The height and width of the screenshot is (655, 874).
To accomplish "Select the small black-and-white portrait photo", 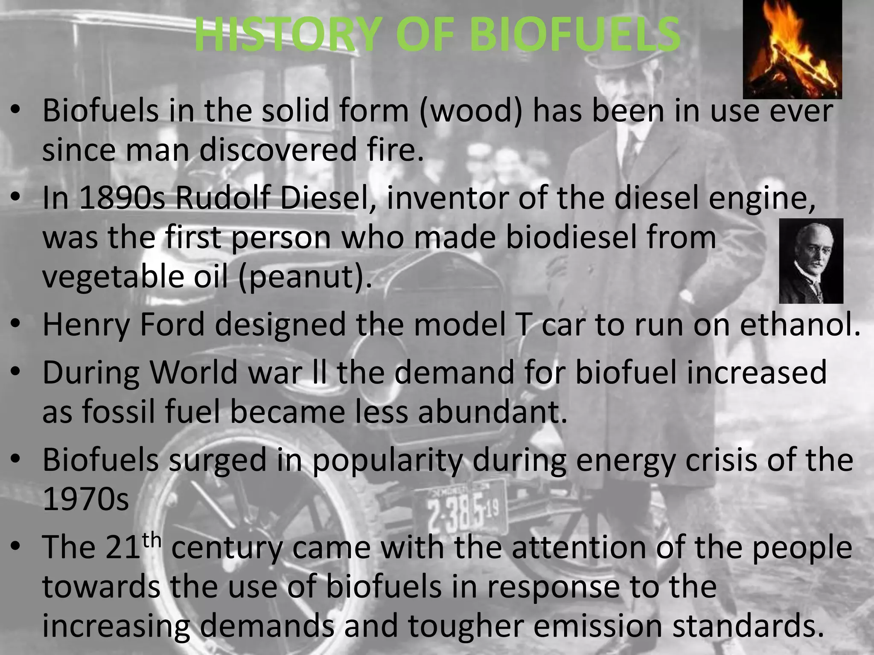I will [x=811, y=261].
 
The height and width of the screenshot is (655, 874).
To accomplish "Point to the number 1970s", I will [x=86, y=499].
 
